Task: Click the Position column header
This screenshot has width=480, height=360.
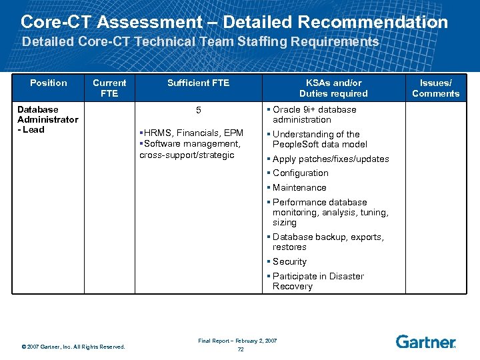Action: [x=49, y=83]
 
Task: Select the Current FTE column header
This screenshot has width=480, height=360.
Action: [x=109, y=88]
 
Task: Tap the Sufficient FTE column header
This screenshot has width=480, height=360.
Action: [x=198, y=83]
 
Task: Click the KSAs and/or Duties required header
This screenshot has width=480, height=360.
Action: [x=333, y=88]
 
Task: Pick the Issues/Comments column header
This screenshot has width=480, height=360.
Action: [x=435, y=88]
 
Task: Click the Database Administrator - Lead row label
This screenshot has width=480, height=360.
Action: [x=47, y=119]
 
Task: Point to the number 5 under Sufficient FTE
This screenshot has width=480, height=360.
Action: [x=198, y=110]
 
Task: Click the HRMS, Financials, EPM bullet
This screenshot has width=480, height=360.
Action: [x=192, y=133]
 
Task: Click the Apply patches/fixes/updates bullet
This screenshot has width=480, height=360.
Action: [x=330, y=159]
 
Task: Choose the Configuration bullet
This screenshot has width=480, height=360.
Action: [x=300, y=173]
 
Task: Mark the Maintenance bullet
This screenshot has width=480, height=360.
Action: [x=299, y=187]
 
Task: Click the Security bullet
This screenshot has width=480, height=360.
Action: [x=289, y=261]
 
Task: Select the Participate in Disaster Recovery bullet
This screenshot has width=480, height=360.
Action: [x=317, y=281]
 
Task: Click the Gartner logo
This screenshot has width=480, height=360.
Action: [x=426, y=342]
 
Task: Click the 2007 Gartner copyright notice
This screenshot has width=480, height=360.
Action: [x=73, y=346]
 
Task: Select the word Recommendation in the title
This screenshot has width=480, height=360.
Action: [x=373, y=21]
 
